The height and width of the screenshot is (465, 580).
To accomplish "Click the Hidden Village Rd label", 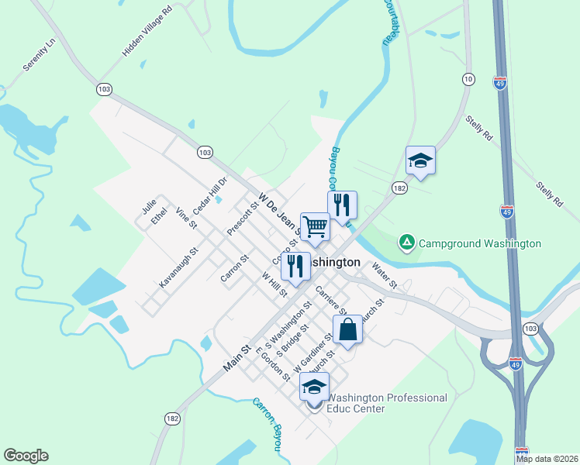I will [147, 33].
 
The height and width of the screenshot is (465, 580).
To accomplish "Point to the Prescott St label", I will [242, 219].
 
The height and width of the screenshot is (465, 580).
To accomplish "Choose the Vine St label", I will [187, 219].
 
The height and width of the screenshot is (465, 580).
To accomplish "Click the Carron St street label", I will [233, 267].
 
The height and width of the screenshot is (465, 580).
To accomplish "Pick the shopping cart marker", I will [316, 226].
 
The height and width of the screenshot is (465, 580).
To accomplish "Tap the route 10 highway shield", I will [468, 79].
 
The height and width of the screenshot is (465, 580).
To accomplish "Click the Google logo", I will [26, 456].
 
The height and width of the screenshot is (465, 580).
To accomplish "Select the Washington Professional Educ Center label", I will [387, 403].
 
